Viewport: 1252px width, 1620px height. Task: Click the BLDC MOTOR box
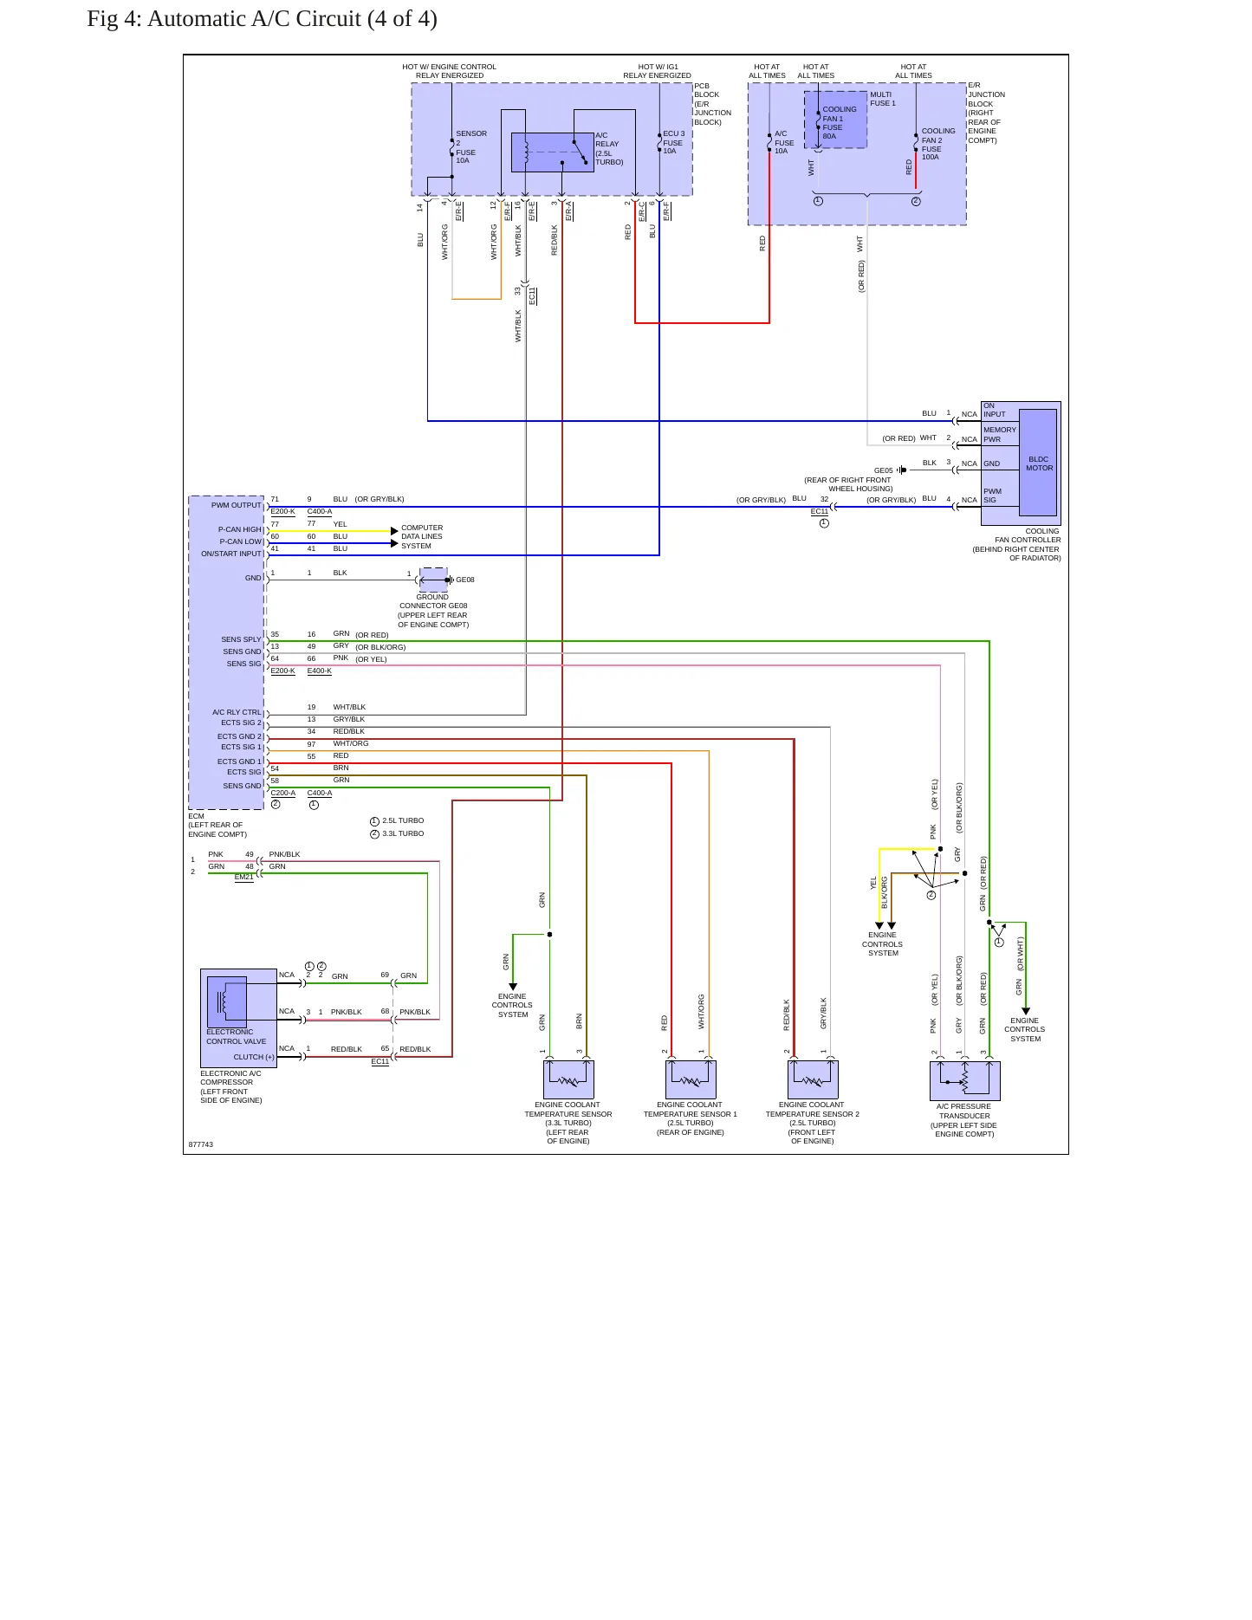click(x=1038, y=463)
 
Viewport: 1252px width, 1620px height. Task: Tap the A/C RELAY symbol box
click(x=552, y=152)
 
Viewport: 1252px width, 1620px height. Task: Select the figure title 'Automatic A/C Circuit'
click(x=255, y=19)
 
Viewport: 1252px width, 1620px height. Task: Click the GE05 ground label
click(x=883, y=470)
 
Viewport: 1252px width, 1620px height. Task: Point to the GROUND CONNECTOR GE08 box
click(x=433, y=580)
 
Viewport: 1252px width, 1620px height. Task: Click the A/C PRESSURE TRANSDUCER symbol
click(x=964, y=1081)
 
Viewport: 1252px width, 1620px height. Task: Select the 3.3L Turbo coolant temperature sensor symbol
click(x=568, y=1079)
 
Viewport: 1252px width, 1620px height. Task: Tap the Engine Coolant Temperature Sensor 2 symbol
click(x=813, y=1079)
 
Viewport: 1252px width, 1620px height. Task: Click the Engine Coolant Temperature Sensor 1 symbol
click(x=691, y=1079)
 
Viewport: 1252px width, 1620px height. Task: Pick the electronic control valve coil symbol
click(x=227, y=1001)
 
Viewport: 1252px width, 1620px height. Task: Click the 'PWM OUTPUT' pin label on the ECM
click(x=236, y=505)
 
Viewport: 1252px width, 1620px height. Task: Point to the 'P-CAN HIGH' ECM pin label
click(x=239, y=529)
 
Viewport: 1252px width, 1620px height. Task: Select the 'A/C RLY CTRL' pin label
click(x=237, y=712)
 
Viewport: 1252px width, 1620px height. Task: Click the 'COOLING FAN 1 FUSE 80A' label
click(x=839, y=122)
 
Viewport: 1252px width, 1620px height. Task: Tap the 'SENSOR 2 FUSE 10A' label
click(x=471, y=146)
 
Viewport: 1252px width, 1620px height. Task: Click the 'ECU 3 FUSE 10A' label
click(x=673, y=143)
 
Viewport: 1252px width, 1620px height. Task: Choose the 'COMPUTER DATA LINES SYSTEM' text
click(x=422, y=537)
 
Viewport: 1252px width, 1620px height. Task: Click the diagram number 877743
click(x=201, y=1144)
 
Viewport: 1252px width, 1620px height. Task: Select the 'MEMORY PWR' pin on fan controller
click(x=999, y=434)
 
